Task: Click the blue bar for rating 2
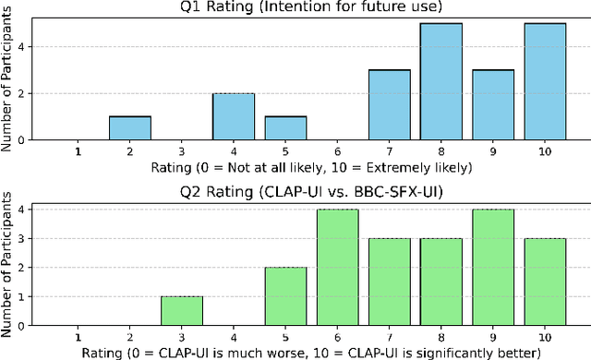coord(129,127)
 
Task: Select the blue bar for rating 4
coord(233,116)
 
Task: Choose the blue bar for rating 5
coord(284,127)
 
